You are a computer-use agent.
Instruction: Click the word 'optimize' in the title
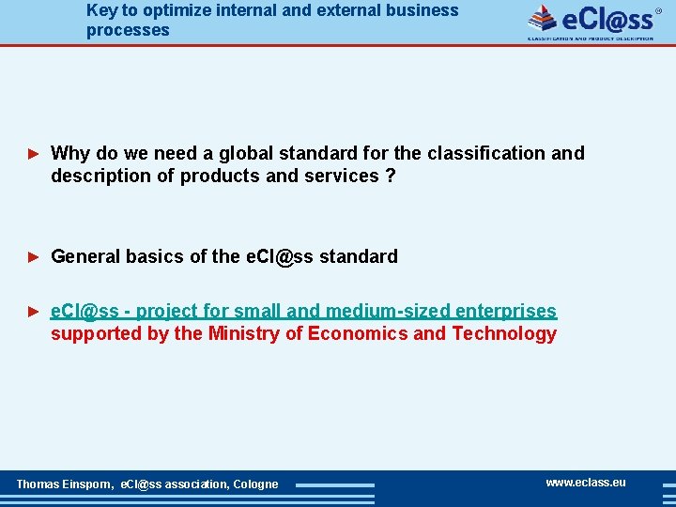pos(178,10)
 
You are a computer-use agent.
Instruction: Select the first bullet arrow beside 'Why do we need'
pos(34,153)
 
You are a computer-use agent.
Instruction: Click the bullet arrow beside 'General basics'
pos(34,256)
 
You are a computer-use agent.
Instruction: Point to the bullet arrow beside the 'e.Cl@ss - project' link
pos(34,311)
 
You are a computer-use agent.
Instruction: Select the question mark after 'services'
pos(390,176)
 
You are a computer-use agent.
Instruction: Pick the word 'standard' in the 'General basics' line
pos(359,256)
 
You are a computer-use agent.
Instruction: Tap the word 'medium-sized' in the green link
pos(377,311)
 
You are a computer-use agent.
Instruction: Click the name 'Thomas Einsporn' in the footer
pos(64,484)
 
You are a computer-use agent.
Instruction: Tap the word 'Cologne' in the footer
pos(255,484)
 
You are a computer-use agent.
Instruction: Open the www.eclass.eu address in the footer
pos(585,483)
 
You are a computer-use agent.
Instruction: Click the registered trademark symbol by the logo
pos(658,11)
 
